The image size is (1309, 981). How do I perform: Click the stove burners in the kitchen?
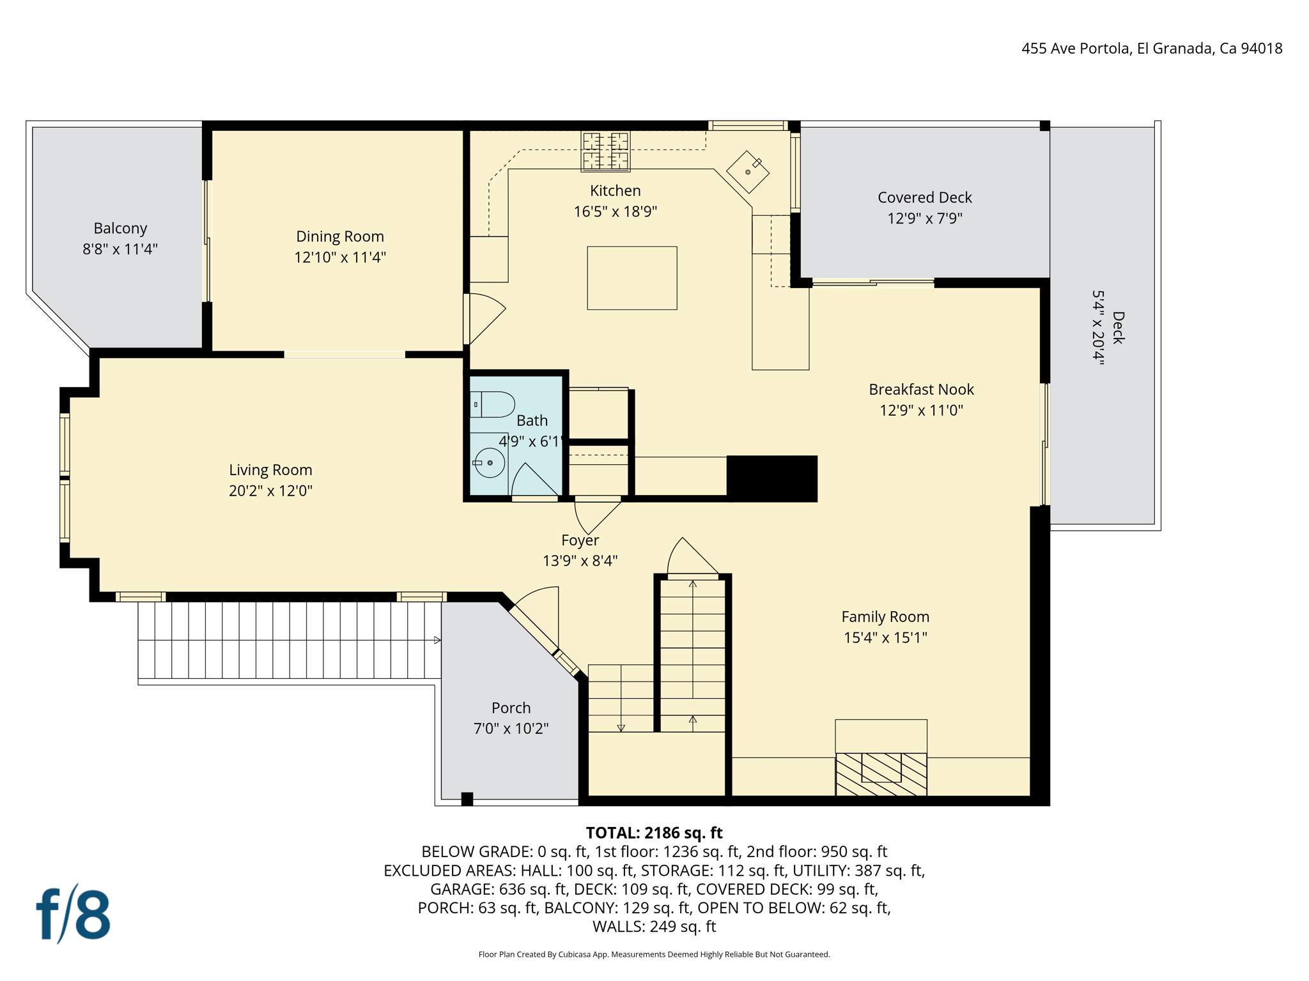605,151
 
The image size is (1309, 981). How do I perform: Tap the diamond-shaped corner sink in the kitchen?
747,172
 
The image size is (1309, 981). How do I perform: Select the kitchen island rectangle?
631,278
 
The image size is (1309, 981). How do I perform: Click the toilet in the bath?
493,404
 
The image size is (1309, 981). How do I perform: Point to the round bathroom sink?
490,462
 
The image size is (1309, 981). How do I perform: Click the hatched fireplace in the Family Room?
881,774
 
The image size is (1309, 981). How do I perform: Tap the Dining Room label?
339,236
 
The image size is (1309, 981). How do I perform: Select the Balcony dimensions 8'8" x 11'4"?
120,249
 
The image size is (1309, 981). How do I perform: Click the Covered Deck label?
924,197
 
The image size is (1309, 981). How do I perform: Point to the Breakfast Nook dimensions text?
921,410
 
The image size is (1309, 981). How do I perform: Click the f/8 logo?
74,914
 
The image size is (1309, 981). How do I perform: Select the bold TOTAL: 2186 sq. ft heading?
654,833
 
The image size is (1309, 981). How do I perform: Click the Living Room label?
270,470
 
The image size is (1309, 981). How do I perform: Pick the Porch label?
511,708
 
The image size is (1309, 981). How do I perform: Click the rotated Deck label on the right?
1117,328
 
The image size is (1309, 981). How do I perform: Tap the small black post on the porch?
467,798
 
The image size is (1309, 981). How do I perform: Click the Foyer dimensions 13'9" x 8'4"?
580,561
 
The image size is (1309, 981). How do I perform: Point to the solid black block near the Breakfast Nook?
772,478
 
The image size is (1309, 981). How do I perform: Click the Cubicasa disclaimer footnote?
654,954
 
